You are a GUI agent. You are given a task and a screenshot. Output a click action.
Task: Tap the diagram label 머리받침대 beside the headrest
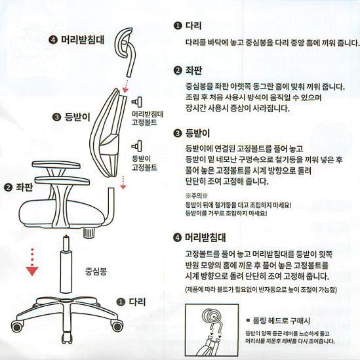[x=83, y=39]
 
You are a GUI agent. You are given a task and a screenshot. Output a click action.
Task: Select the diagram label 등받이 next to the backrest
[x=77, y=117]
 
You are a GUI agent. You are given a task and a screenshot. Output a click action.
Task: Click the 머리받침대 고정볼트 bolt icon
[x=137, y=102]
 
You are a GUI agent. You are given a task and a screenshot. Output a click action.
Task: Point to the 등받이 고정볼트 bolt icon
[x=137, y=146]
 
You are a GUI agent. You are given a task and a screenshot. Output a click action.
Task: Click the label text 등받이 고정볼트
[x=144, y=163]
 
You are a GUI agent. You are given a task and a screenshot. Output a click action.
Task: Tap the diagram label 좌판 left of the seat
[x=24, y=188]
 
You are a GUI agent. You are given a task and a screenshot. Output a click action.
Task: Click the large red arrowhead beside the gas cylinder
[x=32, y=271]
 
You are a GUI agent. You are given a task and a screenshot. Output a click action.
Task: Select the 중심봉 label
[x=96, y=271]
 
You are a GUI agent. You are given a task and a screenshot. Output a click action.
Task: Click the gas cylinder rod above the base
[x=66, y=264]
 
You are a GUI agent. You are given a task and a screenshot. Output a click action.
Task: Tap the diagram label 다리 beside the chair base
[x=137, y=302]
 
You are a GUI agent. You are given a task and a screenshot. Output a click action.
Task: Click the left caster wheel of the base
[x=18, y=326]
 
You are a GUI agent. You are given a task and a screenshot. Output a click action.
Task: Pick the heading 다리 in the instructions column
[x=193, y=26]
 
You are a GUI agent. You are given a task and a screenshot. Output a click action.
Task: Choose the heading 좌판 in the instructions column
[x=193, y=70]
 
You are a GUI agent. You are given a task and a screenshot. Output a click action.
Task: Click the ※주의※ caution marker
[x=197, y=196]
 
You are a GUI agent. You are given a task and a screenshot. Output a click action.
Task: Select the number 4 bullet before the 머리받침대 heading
[x=178, y=237]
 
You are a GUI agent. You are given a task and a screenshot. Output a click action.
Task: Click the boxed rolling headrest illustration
[x=212, y=330]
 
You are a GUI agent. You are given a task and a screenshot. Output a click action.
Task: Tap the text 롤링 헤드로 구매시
[x=281, y=321]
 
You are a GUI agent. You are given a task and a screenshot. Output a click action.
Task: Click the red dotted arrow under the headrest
[x=125, y=85]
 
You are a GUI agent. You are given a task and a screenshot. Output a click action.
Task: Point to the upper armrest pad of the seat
[x=56, y=164]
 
